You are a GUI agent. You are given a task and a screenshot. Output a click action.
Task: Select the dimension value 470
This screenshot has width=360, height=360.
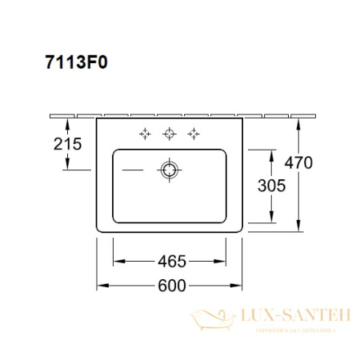(298, 163)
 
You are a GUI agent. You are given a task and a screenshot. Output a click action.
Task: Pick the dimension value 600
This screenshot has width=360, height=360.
(170, 285)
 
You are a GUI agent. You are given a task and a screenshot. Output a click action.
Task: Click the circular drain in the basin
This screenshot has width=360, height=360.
(169, 169)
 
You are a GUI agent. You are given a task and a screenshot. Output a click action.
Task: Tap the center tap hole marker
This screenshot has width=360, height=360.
(169, 134)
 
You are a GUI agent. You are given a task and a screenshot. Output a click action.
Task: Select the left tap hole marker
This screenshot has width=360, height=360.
(146, 134)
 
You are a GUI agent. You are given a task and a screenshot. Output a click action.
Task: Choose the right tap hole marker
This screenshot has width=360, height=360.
(192, 134)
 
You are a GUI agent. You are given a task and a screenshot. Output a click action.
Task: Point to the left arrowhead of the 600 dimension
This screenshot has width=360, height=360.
(101, 285)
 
